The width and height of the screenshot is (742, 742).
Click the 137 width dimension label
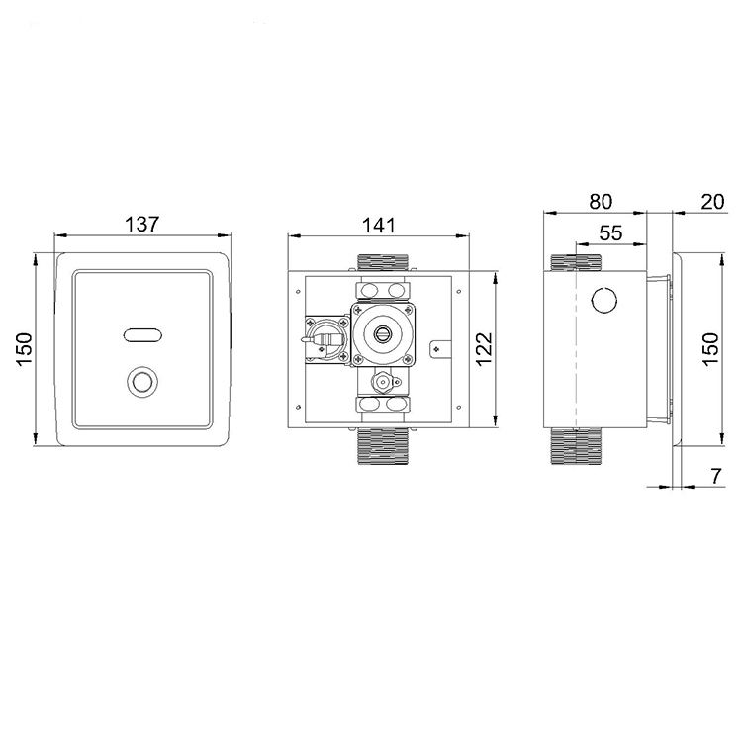pyautogui.click(x=141, y=224)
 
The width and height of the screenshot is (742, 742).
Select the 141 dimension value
pyautogui.click(x=379, y=226)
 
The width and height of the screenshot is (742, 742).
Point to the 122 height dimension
pyautogui.click(x=484, y=349)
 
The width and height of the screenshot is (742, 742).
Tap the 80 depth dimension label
pyautogui.click(x=601, y=202)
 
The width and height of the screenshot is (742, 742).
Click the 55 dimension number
pyautogui.click(x=611, y=232)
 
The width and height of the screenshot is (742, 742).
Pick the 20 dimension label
pyautogui.click(x=712, y=202)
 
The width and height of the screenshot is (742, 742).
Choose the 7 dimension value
pyautogui.click(x=717, y=476)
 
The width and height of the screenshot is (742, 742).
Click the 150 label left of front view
pyautogui.click(x=24, y=349)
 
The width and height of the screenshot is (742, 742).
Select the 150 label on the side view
pyautogui.click(x=710, y=349)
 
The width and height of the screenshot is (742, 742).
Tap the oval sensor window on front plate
pyautogui.click(x=142, y=335)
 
